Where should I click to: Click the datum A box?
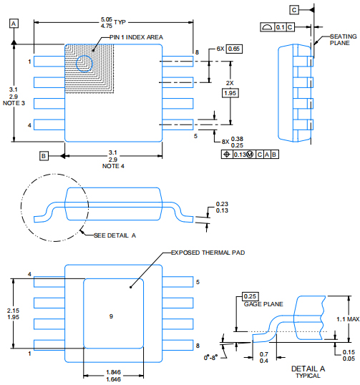(14, 24)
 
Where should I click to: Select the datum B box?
(44, 156)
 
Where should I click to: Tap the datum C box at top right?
(294, 10)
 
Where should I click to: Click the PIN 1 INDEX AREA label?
(136, 37)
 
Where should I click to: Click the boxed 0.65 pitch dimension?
(234, 49)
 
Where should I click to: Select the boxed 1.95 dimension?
(230, 93)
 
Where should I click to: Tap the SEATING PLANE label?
(343, 40)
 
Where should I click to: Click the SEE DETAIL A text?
(115, 235)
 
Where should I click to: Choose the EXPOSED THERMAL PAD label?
(208, 253)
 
